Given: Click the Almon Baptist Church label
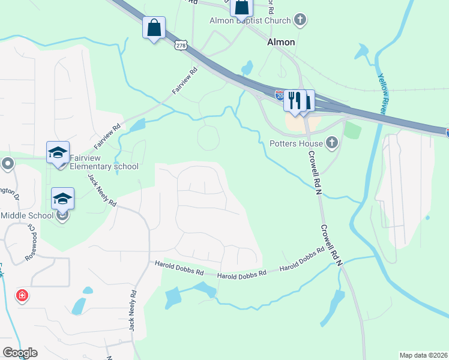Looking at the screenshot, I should point(251,20).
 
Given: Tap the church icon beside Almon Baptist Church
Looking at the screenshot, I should point(301,20).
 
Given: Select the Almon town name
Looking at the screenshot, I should point(281,42).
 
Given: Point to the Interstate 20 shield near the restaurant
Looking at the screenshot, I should point(280,95).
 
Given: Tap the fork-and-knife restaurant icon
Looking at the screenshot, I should point(294,100).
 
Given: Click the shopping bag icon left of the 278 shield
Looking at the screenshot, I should point(154,28).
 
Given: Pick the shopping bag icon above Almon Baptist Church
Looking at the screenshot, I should point(242,7).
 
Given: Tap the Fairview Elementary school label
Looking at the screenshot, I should point(104,162).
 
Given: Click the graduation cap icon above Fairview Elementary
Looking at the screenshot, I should point(58,152).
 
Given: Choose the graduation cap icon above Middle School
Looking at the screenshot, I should point(62,199).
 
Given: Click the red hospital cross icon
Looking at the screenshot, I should point(22,296).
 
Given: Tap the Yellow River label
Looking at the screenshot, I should point(383,94).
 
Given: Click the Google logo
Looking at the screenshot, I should point(20,352).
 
